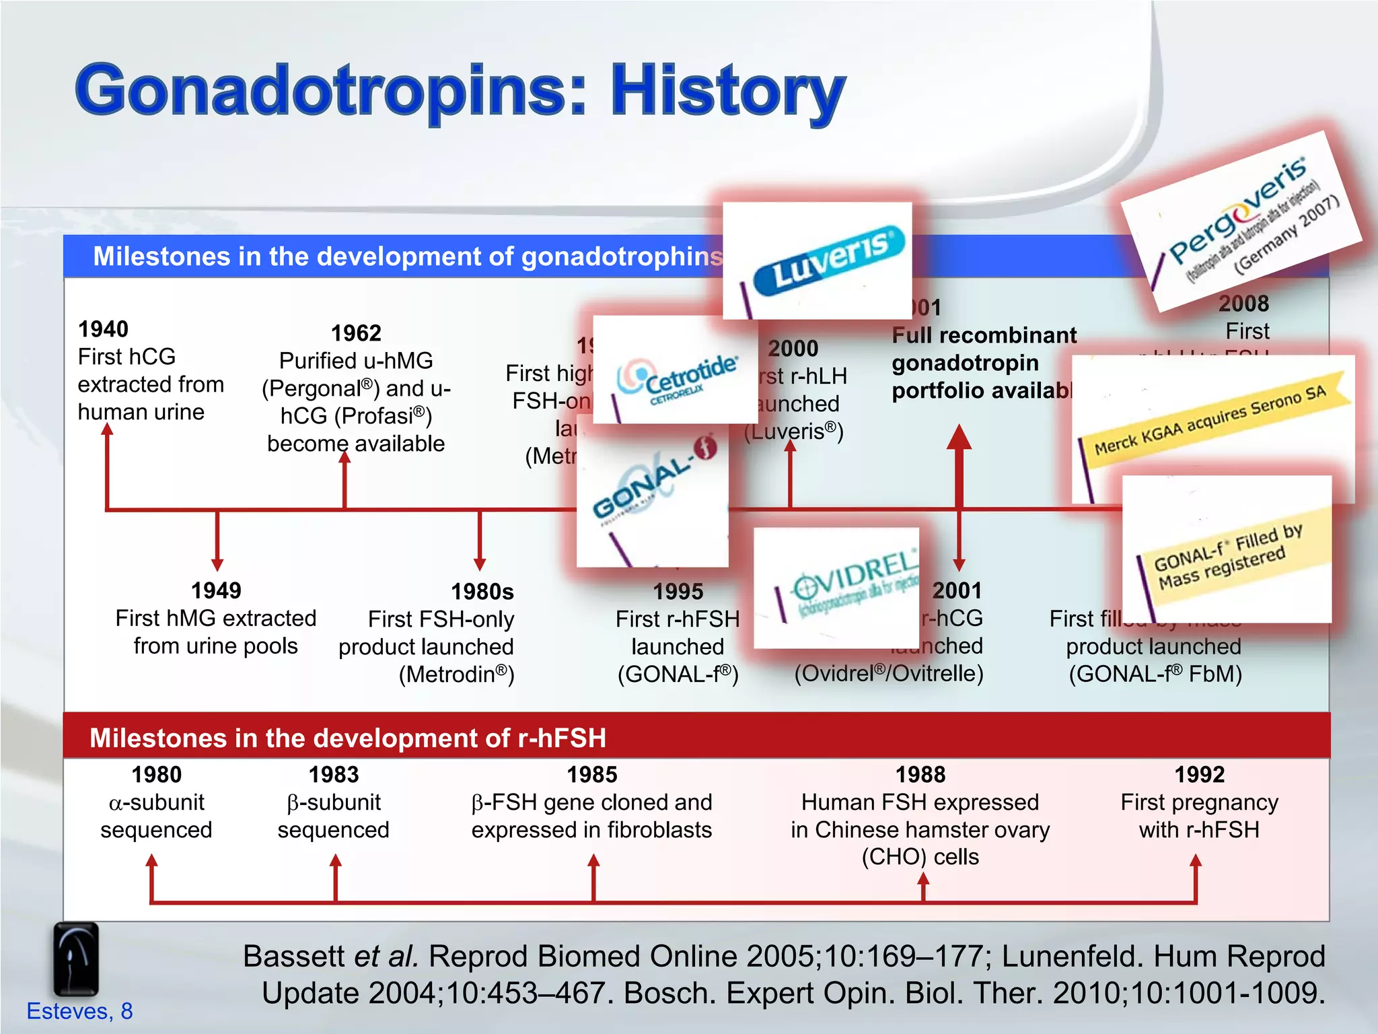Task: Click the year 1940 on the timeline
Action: coord(103,329)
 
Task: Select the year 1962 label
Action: coord(356,333)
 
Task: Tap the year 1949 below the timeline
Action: coord(216,591)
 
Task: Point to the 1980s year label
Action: coord(482,592)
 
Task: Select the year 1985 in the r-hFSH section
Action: coord(591,775)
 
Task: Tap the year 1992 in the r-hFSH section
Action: coord(1199,775)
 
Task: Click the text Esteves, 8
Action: coord(79,1011)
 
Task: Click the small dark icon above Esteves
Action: coord(76,959)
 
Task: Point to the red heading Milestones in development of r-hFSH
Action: coord(347,738)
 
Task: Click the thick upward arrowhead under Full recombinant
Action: coord(959,438)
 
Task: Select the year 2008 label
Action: coord(1243,304)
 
